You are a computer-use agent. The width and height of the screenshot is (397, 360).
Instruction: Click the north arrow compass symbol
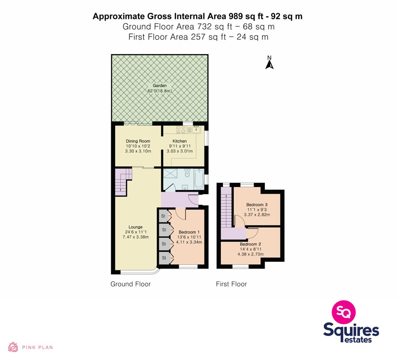(269, 63)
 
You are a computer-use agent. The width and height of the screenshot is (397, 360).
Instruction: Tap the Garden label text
(160, 86)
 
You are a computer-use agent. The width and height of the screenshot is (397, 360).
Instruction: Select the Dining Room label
(138, 141)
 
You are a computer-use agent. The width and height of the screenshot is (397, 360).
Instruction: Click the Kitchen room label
(180, 141)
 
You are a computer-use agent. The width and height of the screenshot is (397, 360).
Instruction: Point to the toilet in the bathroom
(187, 173)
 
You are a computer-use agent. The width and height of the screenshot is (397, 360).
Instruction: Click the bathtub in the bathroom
(199, 179)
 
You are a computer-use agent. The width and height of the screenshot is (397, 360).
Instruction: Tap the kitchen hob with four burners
(181, 130)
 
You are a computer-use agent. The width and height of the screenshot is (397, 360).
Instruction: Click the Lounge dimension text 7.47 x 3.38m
(135, 237)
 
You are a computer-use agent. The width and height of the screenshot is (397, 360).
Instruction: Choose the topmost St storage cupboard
(163, 216)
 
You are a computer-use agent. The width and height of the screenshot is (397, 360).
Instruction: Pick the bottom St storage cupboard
(164, 258)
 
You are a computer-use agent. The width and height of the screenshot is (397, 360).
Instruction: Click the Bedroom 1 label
(189, 232)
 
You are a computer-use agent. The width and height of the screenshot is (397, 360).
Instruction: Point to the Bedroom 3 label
(257, 205)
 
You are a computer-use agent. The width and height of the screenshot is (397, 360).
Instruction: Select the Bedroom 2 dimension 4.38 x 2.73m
(250, 254)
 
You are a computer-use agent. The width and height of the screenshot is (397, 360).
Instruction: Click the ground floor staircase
(123, 182)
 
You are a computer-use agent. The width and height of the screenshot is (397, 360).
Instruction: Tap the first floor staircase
(226, 207)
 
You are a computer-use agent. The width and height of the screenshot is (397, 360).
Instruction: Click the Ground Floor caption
(131, 284)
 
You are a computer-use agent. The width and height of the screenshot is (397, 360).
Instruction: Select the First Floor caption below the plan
(231, 284)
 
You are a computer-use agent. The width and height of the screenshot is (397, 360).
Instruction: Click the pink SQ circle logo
(344, 312)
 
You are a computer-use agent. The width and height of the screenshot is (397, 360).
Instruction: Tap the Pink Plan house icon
(13, 347)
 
